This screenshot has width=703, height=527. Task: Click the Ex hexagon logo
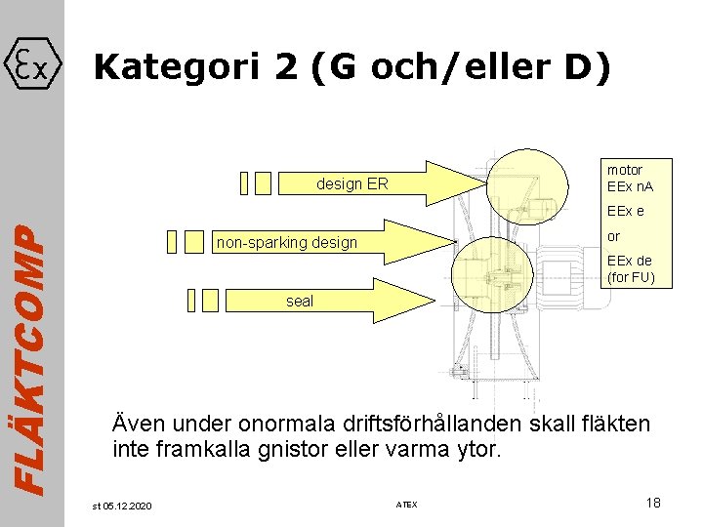[x=33, y=65]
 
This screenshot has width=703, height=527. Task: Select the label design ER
[x=351, y=183]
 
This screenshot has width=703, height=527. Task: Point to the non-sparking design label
[x=287, y=242]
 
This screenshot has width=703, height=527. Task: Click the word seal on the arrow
[x=300, y=302]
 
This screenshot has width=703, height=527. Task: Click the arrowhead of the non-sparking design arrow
[x=444, y=241]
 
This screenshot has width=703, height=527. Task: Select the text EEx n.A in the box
[x=630, y=186]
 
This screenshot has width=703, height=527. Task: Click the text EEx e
[x=625, y=211]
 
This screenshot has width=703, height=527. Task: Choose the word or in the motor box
[x=613, y=236]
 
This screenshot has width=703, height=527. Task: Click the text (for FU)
[x=631, y=277]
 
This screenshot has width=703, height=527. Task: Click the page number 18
[x=653, y=502]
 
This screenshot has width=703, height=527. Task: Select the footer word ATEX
[x=406, y=505]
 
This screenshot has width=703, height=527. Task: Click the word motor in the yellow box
[x=624, y=170]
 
